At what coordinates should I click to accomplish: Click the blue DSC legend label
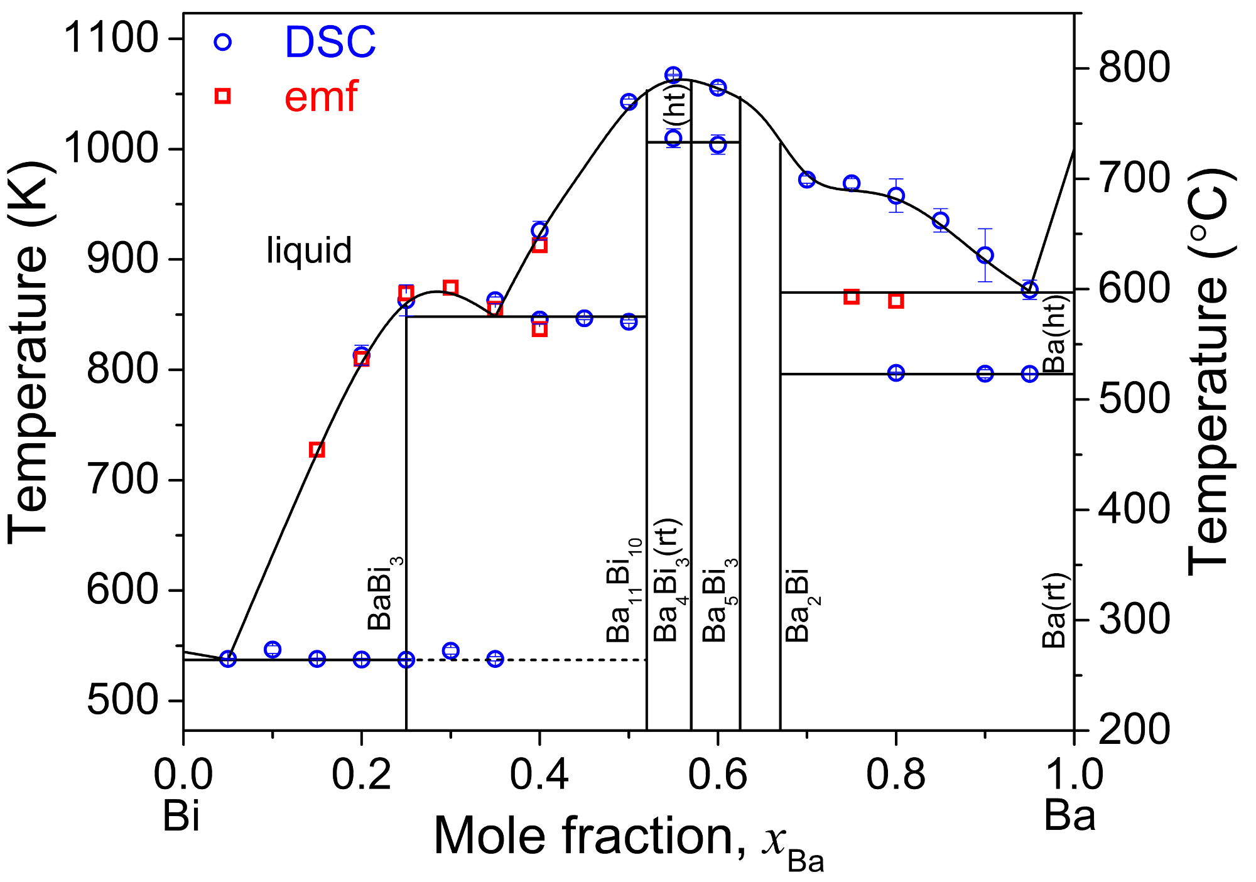point(330,43)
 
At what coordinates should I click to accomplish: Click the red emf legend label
point(321,97)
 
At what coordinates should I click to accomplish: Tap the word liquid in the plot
point(309,250)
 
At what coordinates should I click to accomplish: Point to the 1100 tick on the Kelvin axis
point(111,38)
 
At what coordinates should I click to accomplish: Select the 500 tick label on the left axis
point(122,700)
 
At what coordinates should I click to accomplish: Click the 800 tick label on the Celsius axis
point(1134,68)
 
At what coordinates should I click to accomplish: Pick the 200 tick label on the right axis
point(1134,730)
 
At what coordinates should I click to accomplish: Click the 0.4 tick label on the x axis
point(539,775)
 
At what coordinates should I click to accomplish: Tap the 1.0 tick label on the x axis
point(1075,775)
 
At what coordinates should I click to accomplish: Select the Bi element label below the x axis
point(181,817)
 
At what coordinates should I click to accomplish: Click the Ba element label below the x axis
point(1069,817)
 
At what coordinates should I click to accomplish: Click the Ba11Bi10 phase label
point(624,590)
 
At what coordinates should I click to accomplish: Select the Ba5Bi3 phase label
point(719,600)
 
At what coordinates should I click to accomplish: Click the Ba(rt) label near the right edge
point(1054,611)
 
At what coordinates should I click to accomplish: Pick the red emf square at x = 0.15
point(317,450)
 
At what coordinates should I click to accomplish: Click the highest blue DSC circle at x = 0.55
point(673,75)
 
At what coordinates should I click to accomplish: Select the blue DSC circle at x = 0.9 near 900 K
point(985,255)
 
